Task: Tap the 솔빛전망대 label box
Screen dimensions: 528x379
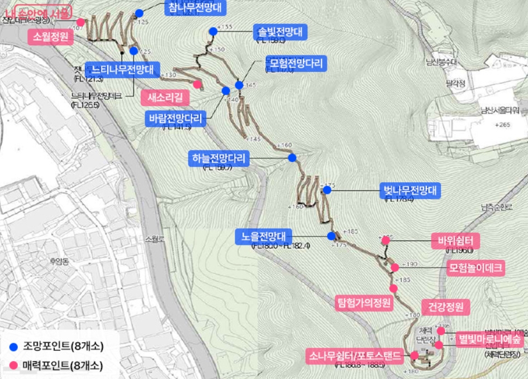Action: click(279, 32)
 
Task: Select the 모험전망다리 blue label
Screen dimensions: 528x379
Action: click(296, 64)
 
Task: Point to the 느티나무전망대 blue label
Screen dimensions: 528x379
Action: click(122, 69)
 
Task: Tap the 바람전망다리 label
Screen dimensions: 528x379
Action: click(175, 118)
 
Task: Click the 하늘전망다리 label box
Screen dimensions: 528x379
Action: click(218, 158)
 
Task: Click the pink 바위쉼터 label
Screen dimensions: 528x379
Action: click(455, 242)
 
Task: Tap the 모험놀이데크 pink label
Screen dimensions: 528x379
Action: click(476, 269)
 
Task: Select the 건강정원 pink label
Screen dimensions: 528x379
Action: click(445, 307)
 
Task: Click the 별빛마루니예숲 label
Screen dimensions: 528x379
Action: click(489, 339)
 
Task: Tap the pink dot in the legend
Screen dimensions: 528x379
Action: click(14, 366)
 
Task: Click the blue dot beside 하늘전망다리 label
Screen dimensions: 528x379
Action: click(292, 158)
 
